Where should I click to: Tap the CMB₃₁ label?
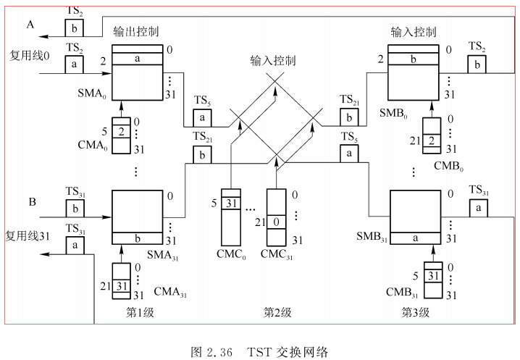[400, 292]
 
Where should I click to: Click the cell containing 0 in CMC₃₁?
[277, 220]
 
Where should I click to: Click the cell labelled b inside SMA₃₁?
[137, 238]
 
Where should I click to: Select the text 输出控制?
[136, 33]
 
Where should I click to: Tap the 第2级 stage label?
[277, 312]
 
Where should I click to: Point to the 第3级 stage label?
[415, 312]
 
